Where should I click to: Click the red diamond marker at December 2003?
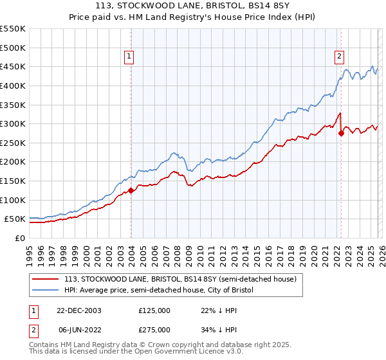click(x=131, y=190)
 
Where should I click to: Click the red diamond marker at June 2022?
click(x=340, y=134)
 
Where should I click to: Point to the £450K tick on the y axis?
click(x=13, y=66)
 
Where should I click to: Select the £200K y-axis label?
click(x=13, y=162)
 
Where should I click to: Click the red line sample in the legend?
click(x=46, y=280)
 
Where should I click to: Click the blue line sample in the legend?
click(x=46, y=291)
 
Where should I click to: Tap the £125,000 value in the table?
click(x=154, y=310)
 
